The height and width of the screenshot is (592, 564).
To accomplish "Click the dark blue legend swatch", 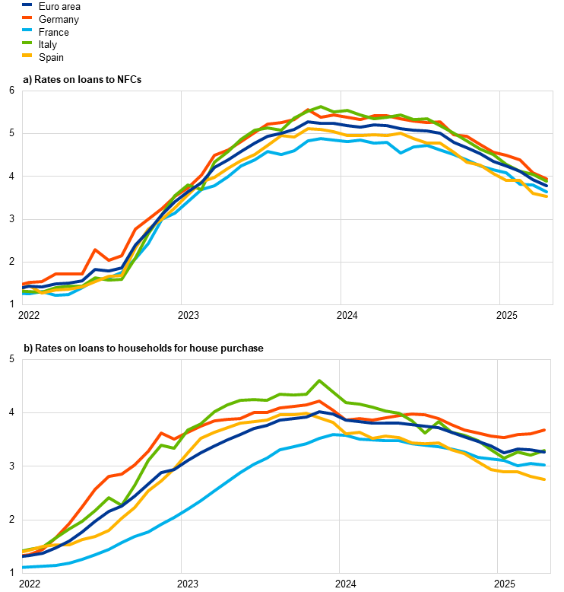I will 27,4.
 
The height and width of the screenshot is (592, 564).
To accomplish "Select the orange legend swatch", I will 27,17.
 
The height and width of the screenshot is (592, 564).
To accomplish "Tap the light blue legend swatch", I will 27,30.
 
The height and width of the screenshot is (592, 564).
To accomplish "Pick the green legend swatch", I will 27,43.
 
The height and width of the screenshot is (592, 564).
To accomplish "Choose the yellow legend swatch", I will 27,55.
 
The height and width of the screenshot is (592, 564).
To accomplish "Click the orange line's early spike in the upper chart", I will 95,249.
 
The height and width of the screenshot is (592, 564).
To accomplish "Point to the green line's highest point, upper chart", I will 321,107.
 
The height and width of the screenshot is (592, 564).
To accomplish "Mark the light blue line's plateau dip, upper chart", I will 401,152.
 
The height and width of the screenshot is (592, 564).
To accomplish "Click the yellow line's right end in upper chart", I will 547,196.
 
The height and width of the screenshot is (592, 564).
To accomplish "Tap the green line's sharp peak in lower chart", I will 320,380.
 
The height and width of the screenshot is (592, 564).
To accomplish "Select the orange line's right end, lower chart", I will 545,430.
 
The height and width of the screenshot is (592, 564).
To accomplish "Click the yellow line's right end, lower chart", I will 545,479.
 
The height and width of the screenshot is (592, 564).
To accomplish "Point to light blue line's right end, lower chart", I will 545,464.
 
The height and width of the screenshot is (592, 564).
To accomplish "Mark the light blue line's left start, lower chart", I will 24,567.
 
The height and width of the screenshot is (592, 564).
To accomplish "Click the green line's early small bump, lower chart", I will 109,498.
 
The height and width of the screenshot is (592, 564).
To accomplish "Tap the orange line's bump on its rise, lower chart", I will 161,433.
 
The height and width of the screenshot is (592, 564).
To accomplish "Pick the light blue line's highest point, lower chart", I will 338,434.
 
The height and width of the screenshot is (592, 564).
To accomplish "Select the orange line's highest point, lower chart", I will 320,401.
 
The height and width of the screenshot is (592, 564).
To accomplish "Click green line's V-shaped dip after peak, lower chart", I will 426,432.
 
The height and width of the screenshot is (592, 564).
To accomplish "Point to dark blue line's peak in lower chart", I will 320,412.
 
